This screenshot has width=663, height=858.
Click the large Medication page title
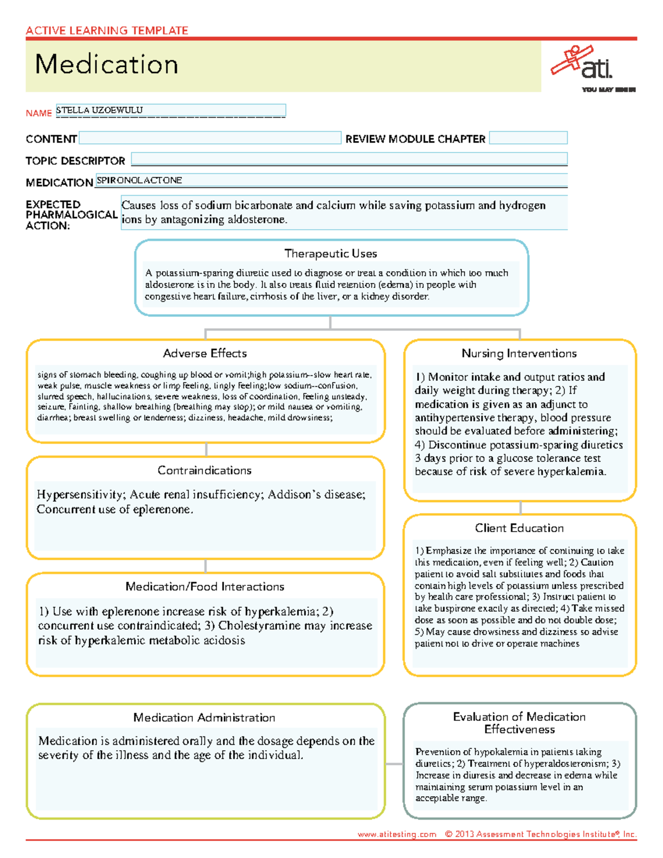tap(107, 65)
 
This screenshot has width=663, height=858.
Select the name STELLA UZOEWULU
tap(99, 110)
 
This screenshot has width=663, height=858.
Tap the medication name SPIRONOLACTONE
tap(139, 180)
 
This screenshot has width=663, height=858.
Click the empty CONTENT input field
tap(210, 138)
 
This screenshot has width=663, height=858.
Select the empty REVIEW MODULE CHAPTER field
tap(528, 138)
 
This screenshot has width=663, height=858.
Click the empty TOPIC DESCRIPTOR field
tap(349, 160)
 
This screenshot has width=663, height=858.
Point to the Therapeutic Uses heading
tap(330, 254)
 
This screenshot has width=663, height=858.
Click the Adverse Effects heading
tap(205, 354)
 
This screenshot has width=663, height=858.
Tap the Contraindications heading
tap(204, 470)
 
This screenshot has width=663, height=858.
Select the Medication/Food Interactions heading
tap(204, 587)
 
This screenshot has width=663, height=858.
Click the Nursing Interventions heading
tap(519, 354)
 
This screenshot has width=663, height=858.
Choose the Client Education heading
tap(519, 528)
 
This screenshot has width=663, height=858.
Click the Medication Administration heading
tap(204, 718)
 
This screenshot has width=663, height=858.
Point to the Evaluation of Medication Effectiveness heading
tap(519, 723)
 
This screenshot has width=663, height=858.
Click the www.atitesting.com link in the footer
tap(397, 834)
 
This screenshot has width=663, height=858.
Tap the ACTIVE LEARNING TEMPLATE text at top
tap(107, 30)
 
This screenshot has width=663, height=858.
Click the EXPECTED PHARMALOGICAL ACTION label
tap(71, 215)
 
